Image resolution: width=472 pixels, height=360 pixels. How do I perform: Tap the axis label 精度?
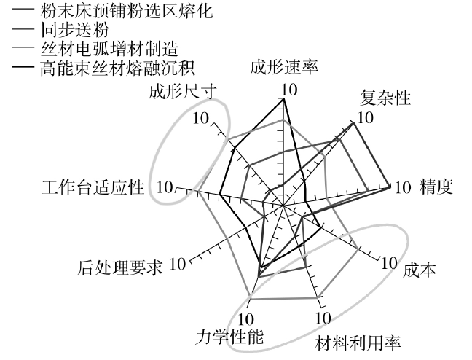(437, 187)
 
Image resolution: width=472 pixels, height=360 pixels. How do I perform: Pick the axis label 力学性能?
(230, 337)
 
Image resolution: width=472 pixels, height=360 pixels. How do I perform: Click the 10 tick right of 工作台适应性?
(164, 186)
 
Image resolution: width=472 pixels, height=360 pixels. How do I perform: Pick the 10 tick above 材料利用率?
(323, 318)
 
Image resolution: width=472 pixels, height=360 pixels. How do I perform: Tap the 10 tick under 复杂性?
(366, 117)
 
